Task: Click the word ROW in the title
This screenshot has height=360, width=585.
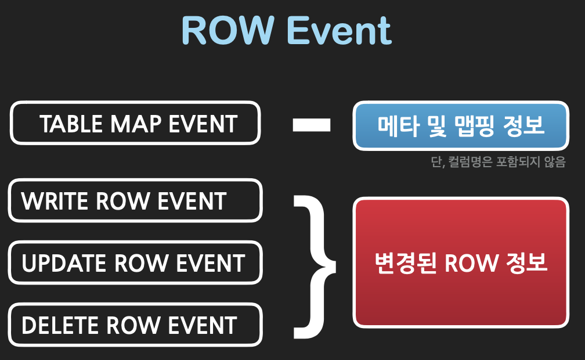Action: (228, 31)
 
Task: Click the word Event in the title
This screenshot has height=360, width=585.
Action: (339, 31)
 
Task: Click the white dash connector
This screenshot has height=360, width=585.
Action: (312, 125)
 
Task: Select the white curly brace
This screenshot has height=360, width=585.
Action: (315, 267)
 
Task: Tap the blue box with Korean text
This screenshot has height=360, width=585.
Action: (461, 126)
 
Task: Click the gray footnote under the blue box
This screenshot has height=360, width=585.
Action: (499, 162)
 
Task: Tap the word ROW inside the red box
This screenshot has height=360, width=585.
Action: (471, 263)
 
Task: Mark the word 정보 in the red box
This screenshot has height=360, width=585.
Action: (526, 263)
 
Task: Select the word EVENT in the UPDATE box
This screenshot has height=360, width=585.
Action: (211, 263)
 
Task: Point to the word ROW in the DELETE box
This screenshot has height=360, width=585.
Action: (133, 325)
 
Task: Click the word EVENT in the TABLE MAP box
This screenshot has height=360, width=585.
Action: (203, 124)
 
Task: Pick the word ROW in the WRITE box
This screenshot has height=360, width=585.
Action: (123, 201)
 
